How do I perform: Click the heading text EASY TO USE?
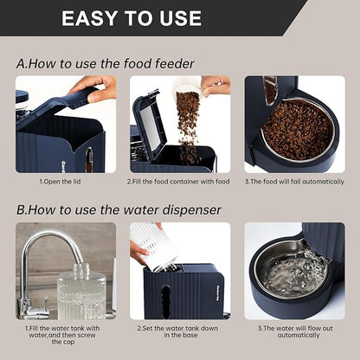[132, 18]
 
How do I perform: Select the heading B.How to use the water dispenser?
[119, 209]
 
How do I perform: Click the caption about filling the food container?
[179, 182]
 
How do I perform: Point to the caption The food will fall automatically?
[293, 182]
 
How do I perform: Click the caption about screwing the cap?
[65, 333]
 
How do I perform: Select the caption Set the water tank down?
[179, 329]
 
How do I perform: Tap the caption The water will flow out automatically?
[293, 333]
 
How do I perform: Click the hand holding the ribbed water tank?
[138, 253]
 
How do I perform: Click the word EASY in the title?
[93, 18]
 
